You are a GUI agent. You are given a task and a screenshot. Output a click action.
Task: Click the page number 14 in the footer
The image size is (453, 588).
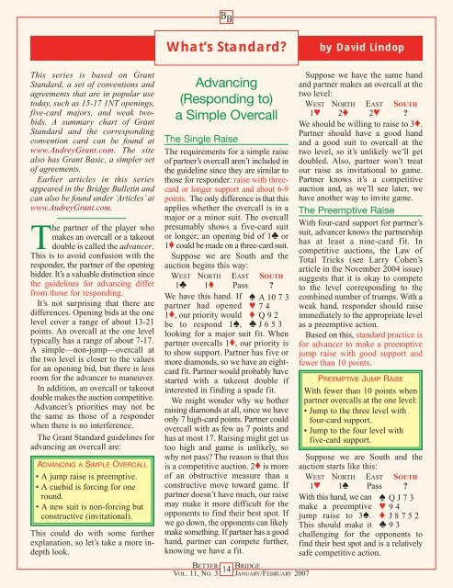pyautogui.click(x=226, y=570)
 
